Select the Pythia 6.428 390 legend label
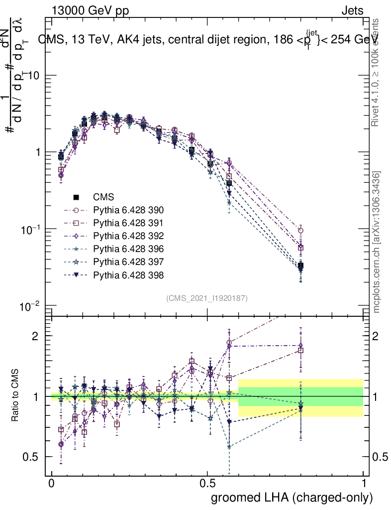click(128, 210)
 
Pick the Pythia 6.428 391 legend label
click(128, 223)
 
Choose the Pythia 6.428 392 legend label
click(128, 236)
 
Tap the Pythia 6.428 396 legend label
click(128, 249)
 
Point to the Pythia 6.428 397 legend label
click(128, 262)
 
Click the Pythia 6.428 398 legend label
click(128, 275)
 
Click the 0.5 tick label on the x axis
click(207, 483)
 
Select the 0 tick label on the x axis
click(52, 483)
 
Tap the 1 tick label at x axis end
click(363, 483)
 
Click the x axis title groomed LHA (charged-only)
click(293, 498)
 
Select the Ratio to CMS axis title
click(16, 396)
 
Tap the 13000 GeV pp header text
click(90, 10)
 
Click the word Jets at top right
click(352, 10)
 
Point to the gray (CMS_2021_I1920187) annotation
click(207, 298)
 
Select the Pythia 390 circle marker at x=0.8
click(300, 231)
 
